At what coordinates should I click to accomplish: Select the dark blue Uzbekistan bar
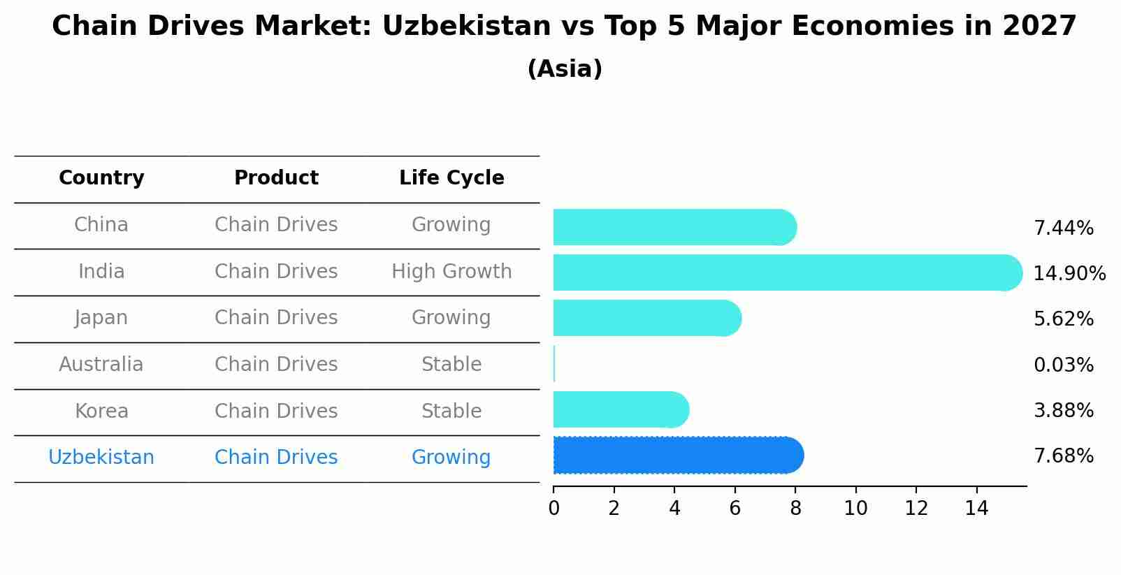(x=678, y=456)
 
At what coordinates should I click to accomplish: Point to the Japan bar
(x=646, y=318)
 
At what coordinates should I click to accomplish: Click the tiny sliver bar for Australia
(x=554, y=364)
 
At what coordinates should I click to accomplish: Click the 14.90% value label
(x=1069, y=274)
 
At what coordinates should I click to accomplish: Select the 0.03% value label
(x=1063, y=365)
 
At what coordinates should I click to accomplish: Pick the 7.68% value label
(x=1063, y=456)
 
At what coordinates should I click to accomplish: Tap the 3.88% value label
(x=1063, y=411)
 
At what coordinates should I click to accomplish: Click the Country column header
(x=101, y=178)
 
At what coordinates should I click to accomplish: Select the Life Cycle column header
(x=451, y=178)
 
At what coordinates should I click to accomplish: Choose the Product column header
(x=276, y=178)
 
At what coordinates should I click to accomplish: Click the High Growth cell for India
(x=451, y=272)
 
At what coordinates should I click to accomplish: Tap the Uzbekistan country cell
(x=101, y=458)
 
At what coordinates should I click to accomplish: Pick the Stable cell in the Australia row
(x=451, y=365)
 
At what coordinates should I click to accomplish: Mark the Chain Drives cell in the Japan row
(x=276, y=318)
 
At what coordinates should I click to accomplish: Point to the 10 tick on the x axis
(x=855, y=509)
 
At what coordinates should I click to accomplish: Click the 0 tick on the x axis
(x=554, y=509)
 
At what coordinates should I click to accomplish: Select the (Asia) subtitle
(x=565, y=69)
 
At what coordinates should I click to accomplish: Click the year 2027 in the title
(x=1039, y=27)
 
